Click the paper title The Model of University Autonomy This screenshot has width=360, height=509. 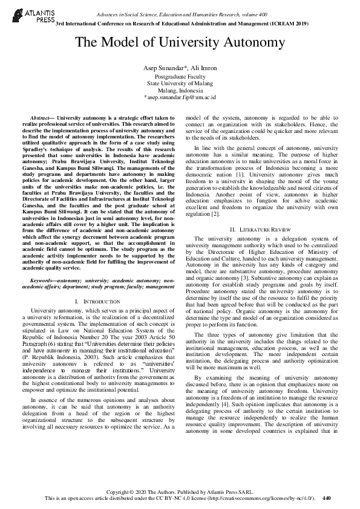tap(180, 42)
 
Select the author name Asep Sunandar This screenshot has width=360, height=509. tap(163, 66)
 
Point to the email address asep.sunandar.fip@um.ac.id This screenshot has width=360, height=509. tap(180, 97)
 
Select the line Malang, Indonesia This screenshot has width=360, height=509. tap(180, 90)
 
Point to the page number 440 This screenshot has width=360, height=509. tap(327, 498)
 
